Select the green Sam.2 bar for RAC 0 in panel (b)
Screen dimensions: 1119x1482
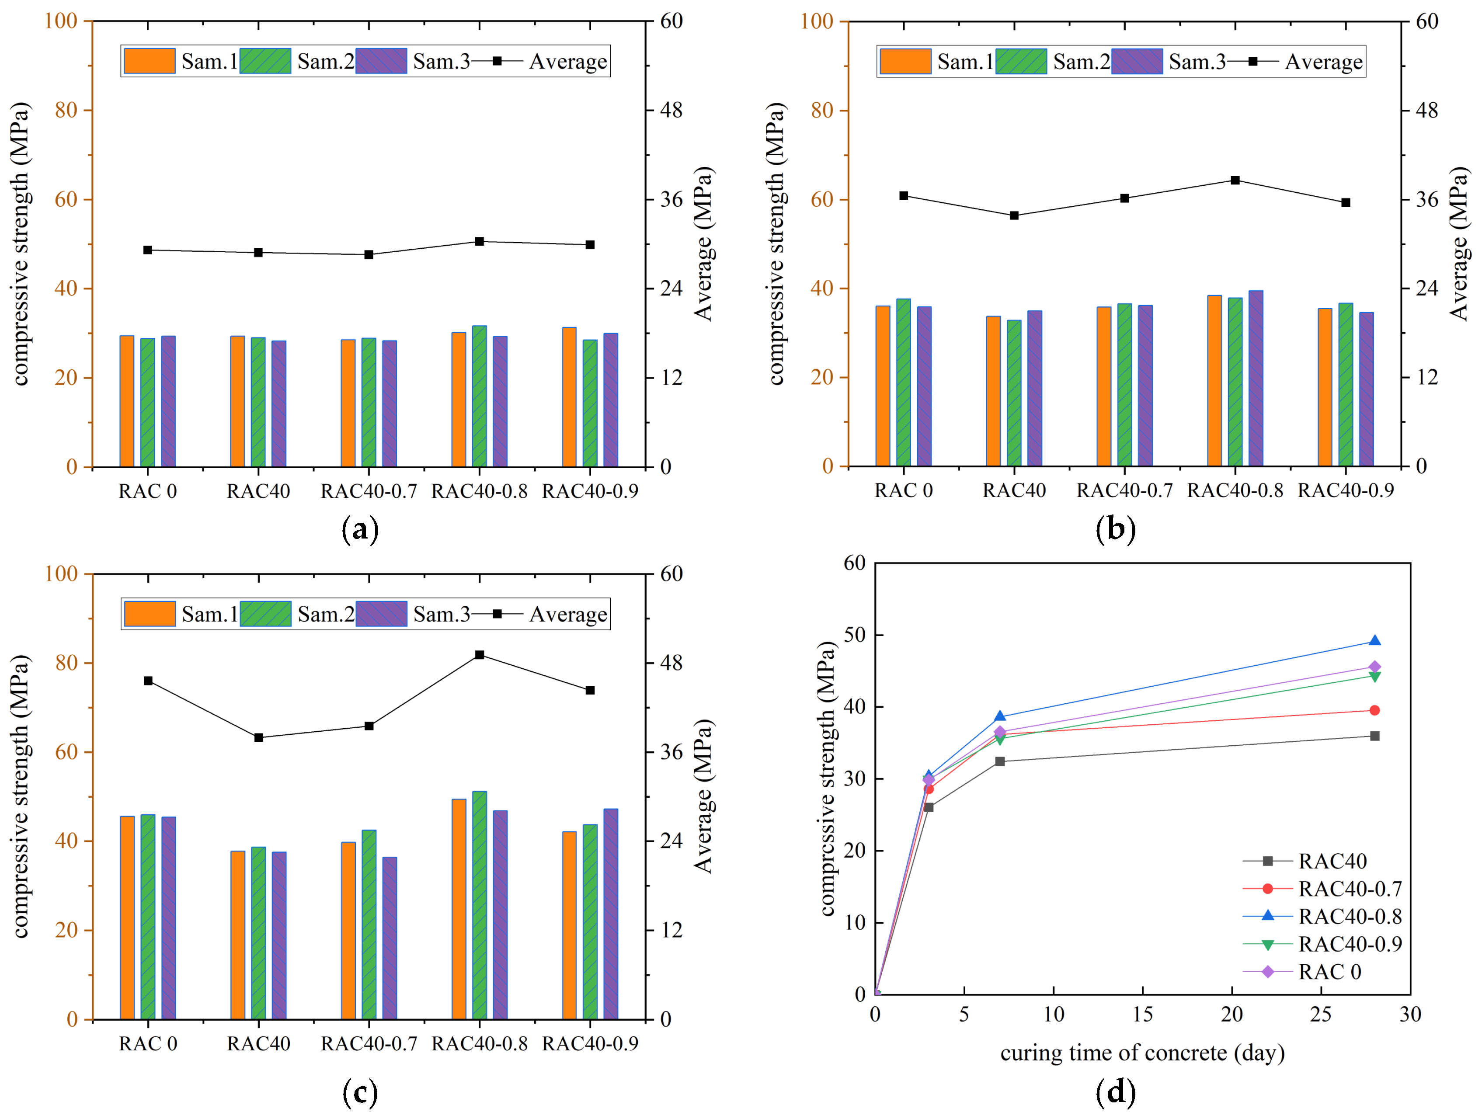[x=903, y=382]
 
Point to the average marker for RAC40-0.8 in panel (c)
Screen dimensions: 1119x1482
[x=480, y=655]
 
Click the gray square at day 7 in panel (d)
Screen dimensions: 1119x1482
[x=1000, y=761]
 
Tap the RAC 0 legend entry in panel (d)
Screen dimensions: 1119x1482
[x=1329, y=972]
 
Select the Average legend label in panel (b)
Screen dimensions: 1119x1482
[x=1323, y=62]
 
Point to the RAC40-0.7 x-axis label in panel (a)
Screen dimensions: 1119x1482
[x=369, y=491]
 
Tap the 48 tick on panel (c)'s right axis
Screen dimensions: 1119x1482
[x=671, y=663]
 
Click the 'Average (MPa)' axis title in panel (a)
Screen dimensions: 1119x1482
[x=703, y=244]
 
